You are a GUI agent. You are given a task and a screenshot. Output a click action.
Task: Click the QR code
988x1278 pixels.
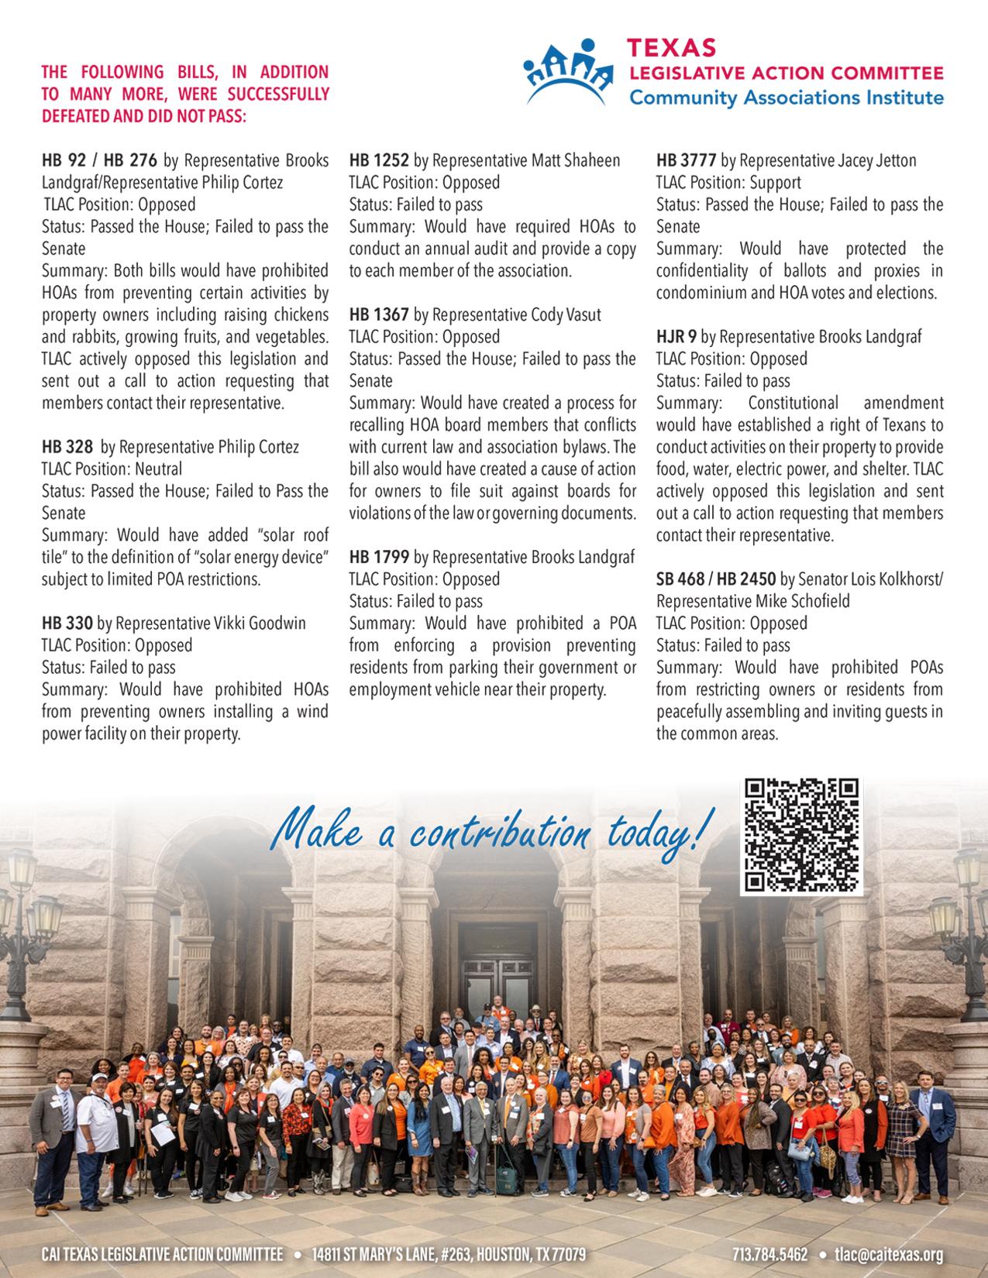(x=802, y=837)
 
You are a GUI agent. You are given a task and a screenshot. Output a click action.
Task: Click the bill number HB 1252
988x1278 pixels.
(x=378, y=161)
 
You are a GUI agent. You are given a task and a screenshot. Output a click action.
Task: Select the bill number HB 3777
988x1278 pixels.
(x=685, y=161)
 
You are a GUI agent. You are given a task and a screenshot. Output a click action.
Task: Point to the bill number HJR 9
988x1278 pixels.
(x=676, y=337)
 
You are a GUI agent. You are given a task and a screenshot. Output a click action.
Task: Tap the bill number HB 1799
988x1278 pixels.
(x=378, y=558)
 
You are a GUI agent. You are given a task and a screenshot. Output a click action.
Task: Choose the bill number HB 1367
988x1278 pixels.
(x=378, y=315)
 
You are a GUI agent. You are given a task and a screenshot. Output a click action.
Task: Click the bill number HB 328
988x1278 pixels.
(x=67, y=448)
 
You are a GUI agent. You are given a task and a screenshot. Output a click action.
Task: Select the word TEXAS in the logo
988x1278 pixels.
(x=673, y=49)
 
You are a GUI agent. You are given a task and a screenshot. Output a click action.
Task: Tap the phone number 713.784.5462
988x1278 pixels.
(x=770, y=1255)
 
